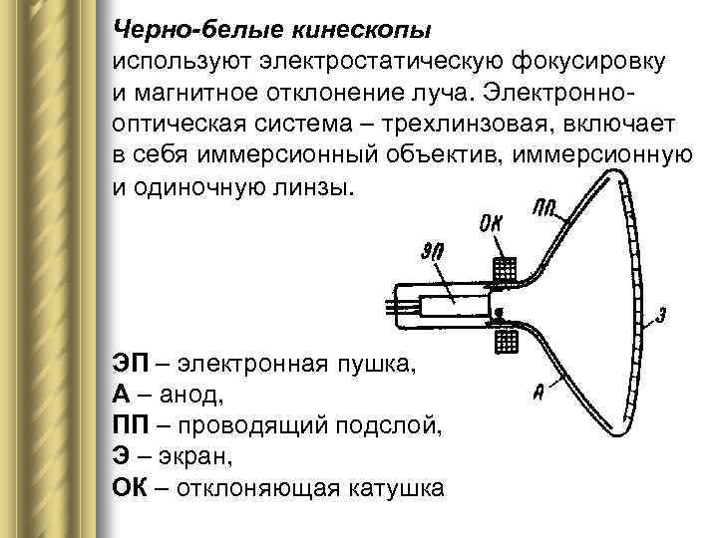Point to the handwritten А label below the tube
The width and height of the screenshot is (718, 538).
[538, 392]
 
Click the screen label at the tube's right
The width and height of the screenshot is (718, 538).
[661, 317]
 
